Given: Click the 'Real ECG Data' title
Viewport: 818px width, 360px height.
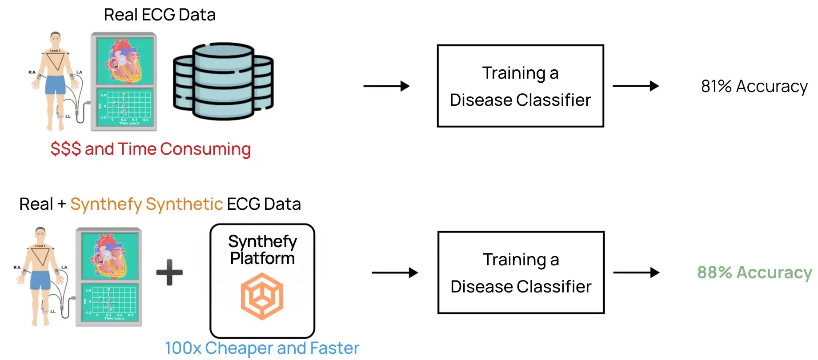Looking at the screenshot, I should tap(160, 15).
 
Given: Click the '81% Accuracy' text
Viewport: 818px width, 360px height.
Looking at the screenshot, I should tap(754, 86).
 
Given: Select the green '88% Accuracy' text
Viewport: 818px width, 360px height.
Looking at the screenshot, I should tap(754, 272).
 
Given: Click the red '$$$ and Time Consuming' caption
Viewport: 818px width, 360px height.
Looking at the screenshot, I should tap(150, 149).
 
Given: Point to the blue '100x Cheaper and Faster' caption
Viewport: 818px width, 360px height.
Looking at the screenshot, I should tap(262, 348).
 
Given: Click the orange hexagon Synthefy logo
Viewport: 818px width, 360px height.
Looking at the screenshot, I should tap(262, 296).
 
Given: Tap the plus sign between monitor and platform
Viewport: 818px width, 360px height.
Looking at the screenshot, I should tap(170, 272).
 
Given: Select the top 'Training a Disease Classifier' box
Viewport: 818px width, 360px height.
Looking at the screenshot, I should tap(520, 86).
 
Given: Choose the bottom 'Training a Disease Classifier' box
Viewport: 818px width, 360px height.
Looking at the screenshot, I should tap(521, 272).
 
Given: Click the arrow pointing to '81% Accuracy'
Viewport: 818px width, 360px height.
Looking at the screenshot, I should tap(636, 86).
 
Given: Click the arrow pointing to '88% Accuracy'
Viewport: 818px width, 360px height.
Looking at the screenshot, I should tap(636, 272).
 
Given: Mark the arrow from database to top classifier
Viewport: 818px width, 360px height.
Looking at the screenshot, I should tap(386, 86).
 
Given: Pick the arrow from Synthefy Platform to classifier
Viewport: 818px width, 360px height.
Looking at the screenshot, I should tap(395, 272).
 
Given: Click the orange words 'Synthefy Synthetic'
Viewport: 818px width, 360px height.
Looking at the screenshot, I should tap(146, 204).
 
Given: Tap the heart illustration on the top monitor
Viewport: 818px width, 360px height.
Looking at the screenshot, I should tap(125, 60).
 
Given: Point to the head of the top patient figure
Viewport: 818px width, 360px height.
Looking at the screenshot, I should tap(55, 38).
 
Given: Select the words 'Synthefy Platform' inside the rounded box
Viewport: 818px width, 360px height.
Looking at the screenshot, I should tap(262, 250).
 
